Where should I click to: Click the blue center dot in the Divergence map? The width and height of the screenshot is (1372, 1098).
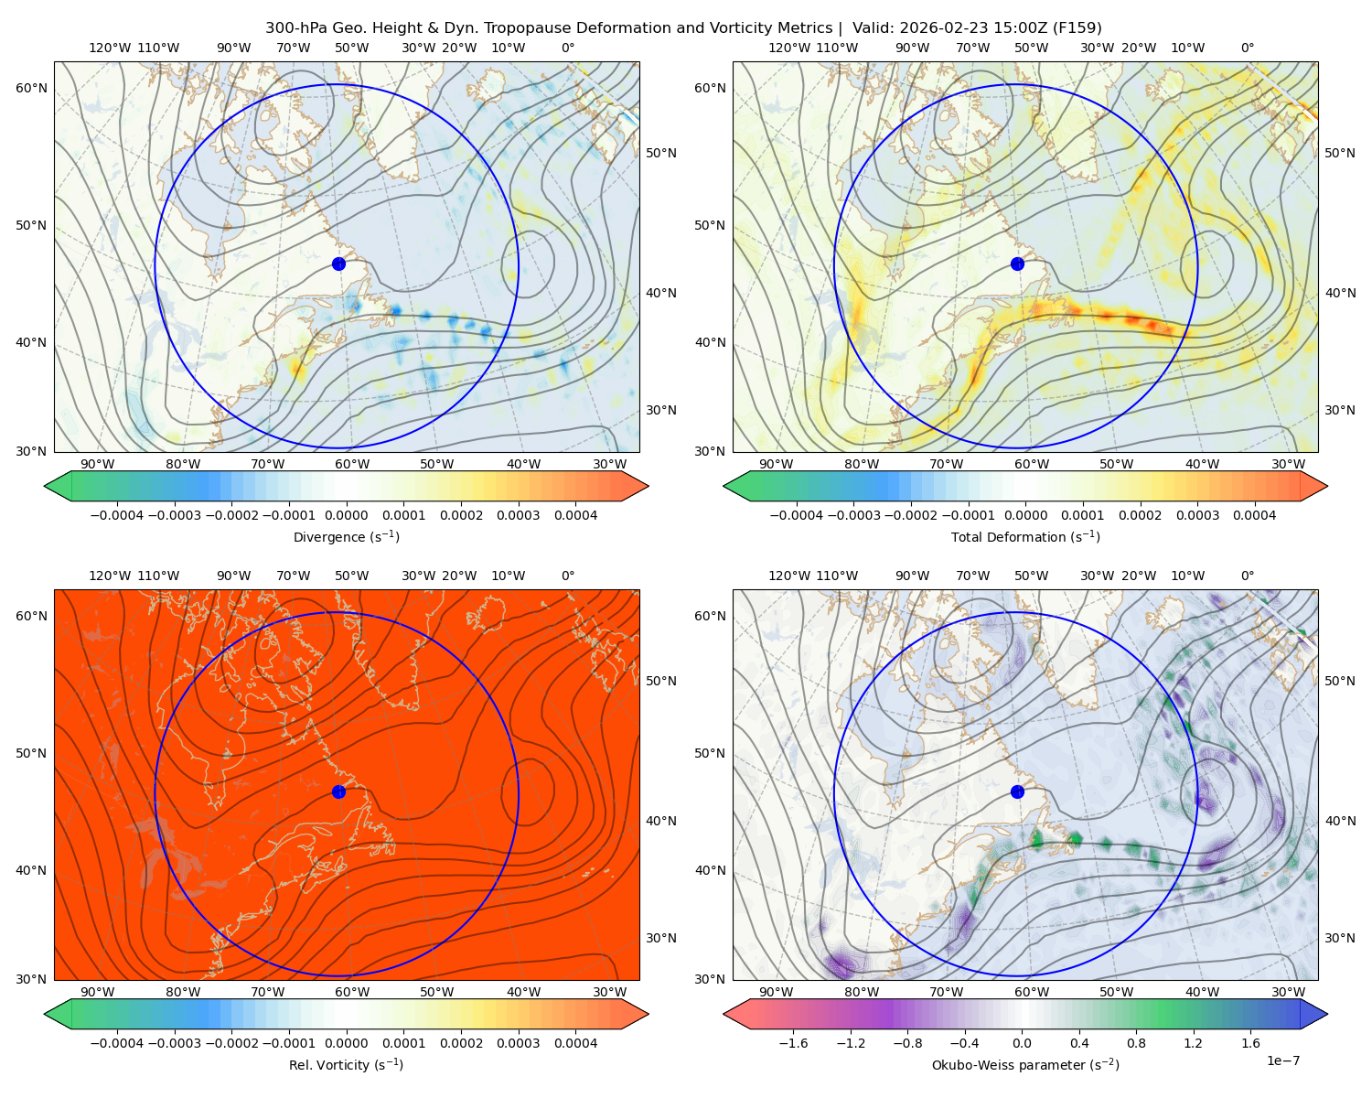(338, 264)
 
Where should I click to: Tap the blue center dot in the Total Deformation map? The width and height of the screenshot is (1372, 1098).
(1017, 264)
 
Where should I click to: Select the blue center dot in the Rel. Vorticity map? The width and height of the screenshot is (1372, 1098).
(338, 791)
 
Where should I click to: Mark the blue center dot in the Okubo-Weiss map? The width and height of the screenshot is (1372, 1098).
(1017, 791)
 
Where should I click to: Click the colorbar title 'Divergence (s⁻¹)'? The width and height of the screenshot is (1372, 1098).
(346, 536)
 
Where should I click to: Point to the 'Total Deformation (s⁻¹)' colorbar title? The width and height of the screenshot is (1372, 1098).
(1025, 536)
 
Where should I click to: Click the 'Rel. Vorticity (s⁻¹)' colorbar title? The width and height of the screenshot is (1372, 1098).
(346, 1064)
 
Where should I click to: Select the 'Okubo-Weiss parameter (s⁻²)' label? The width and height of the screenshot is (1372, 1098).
(1025, 1064)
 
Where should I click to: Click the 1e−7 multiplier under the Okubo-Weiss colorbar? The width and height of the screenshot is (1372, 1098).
(1282, 1060)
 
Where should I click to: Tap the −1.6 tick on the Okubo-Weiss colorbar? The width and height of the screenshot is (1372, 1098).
(793, 1042)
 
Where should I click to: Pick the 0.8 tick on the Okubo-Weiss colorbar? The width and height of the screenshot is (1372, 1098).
(1136, 1042)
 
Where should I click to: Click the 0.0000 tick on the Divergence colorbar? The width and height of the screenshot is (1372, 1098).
(346, 515)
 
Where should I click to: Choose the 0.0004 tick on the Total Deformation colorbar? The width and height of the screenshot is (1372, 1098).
(1254, 515)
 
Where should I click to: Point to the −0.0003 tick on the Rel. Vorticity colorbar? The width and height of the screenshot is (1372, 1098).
(174, 1042)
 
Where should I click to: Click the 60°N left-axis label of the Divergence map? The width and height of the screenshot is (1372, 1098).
(31, 88)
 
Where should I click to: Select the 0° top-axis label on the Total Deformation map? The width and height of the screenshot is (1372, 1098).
(1247, 48)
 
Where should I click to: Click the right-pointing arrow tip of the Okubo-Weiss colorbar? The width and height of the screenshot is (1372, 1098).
(1327, 1014)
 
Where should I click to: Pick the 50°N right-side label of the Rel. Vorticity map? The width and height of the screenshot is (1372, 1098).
(660, 681)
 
